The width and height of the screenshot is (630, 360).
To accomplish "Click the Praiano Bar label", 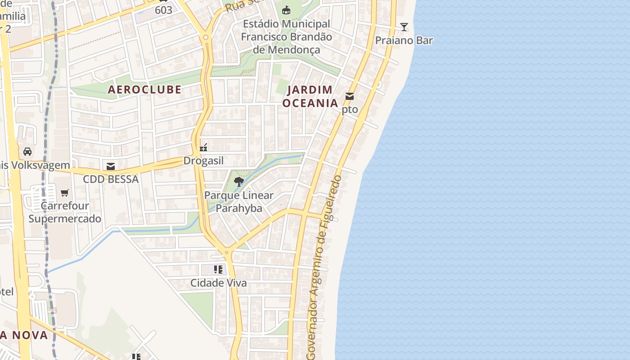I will (x=404, y=40).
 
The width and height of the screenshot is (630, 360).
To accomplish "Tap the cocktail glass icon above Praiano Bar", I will (x=404, y=27).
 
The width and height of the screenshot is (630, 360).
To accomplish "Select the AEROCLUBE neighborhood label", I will (x=144, y=90).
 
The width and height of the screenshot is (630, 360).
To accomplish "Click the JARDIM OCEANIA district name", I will (x=310, y=96).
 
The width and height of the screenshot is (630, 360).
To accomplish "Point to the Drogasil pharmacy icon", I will (x=203, y=147).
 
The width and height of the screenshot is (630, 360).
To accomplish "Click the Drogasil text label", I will (x=203, y=161).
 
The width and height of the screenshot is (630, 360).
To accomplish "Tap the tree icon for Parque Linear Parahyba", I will (x=239, y=182).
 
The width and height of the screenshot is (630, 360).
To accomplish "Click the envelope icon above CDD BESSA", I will (x=111, y=166).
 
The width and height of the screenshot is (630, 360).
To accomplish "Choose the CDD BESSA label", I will (x=111, y=179).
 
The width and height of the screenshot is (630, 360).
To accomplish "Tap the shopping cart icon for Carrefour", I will (x=65, y=193).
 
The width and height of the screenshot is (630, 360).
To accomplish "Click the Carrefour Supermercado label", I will (x=65, y=212).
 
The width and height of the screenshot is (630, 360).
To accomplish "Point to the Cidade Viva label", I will (x=218, y=283).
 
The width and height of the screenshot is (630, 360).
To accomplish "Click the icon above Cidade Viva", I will (x=218, y=270).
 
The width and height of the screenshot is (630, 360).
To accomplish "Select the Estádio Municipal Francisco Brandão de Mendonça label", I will (x=286, y=37).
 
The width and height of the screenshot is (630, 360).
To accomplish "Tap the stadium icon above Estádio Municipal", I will (x=286, y=10).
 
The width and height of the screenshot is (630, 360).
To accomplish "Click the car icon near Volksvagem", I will (x=27, y=151).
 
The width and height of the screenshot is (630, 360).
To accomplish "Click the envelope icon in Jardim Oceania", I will (x=350, y=96).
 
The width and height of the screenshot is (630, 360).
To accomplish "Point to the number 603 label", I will (x=163, y=10).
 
